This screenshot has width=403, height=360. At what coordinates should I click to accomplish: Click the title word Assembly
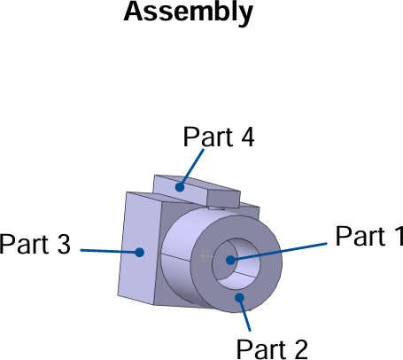(188, 12)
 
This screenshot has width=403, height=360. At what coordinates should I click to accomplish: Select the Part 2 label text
(272, 348)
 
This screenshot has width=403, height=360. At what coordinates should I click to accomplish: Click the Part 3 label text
(35, 244)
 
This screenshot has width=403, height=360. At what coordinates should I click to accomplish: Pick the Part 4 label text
(219, 137)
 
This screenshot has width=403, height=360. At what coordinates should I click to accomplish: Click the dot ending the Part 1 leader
(230, 260)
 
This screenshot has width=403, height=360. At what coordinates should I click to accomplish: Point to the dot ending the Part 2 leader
(238, 299)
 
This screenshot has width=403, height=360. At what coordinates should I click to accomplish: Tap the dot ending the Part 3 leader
(139, 252)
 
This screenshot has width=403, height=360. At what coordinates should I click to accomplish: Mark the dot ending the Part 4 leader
(180, 187)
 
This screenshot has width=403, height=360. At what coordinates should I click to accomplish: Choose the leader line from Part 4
(192, 168)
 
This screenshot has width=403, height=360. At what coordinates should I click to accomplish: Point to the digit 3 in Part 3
(62, 244)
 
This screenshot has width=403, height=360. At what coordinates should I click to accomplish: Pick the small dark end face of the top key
(225, 195)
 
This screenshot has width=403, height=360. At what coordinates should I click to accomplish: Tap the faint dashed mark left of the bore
(207, 257)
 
